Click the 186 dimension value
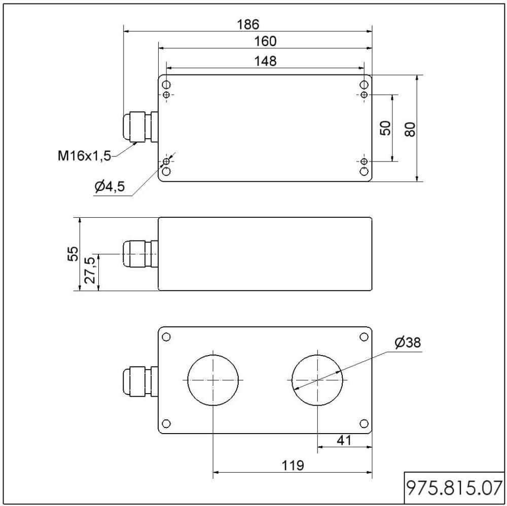point(248,24)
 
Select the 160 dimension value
point(265,41)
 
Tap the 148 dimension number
point(265,61)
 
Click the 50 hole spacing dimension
point(385,128)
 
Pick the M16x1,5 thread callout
point(84,155)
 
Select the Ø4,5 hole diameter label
point(109,187)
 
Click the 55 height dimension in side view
point(74,254)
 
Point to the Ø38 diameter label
point(408,343)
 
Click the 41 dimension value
point(344,441)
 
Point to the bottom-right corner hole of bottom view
point(364,423)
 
